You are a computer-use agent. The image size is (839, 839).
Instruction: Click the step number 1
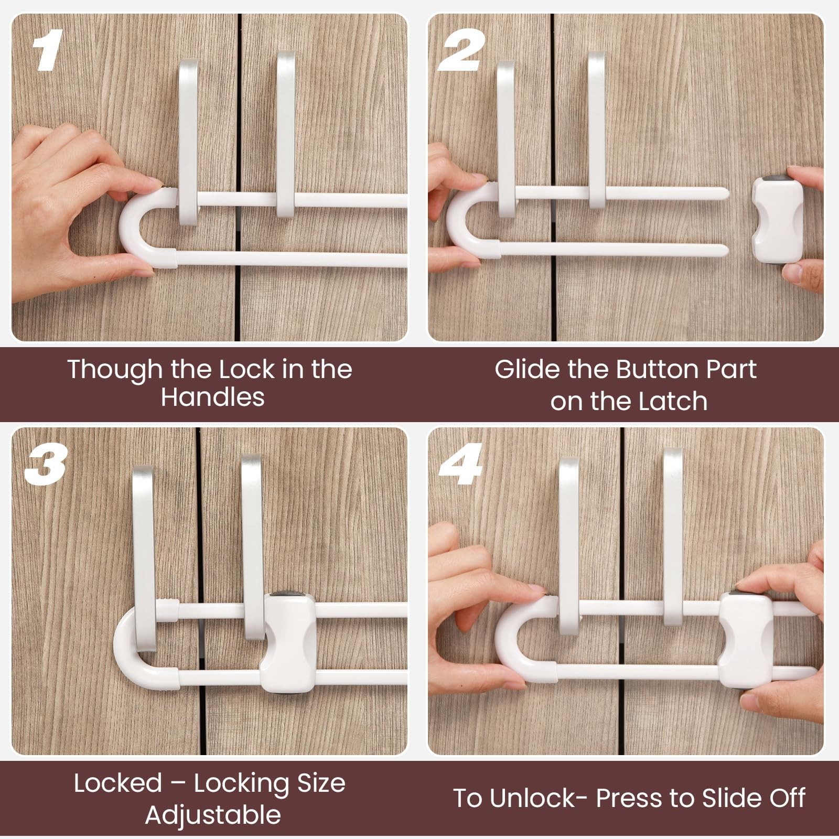[47, 50]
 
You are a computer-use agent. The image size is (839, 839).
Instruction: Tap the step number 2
[462, 50]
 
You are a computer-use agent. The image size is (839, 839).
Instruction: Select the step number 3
[46, 465]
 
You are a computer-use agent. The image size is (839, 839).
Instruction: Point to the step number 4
[460, 465]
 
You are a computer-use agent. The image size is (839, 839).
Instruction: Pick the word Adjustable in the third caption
[212, 816]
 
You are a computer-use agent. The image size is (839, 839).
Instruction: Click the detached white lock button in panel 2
[777, 220]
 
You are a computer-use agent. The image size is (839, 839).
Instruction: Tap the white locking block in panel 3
[288, 643]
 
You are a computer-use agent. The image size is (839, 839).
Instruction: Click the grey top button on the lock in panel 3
[289, 595]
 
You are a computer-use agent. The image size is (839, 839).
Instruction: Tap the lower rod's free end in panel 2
[724, 250]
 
